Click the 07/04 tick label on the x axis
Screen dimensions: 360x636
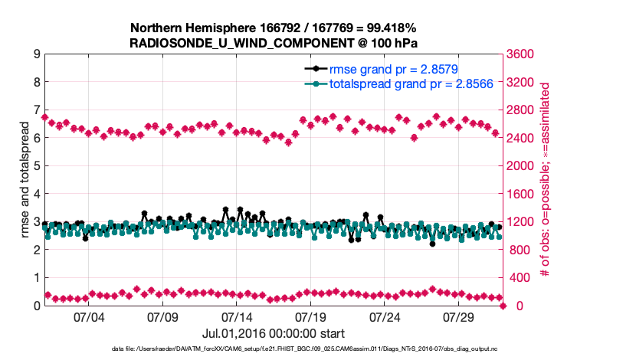[89, 316]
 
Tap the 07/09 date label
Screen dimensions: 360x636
[163, 316]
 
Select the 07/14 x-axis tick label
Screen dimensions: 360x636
[238, 316]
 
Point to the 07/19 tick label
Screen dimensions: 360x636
[312, 316]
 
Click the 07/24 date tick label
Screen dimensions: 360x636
[386, 316]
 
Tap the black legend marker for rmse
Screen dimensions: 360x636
[312, 69]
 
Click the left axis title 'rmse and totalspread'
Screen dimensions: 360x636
[25, 180]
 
